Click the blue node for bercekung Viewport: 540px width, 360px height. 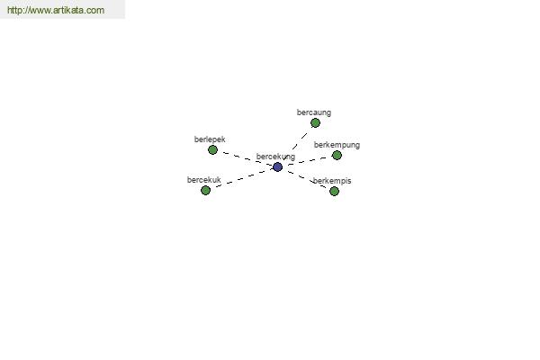pyautogui.click(x=277, y=167)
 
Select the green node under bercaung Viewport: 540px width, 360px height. pyautogui.click(x=315, y=123)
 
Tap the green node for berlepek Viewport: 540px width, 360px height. pyautogui.click(x=212, y=150)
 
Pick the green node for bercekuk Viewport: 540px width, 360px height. pyautogui.click(x=205, y=190)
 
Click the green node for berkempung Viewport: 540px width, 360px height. pyautogui.click(x=337, y=156)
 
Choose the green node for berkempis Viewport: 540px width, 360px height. pyautogui.click(x=334, y=191)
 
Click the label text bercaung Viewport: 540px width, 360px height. pyautogui.click(x=314, y=112)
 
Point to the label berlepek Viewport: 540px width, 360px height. pyautogui.click(x=210, y=139)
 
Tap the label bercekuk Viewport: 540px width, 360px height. pyautogui.click(x=204, y=180)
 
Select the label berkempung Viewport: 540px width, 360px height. pyautogui.click(x=337, y=145)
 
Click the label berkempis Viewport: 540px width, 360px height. pyautogui.click(x=332, y=181)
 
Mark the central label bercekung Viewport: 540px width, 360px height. pyautogui.click(x=275, y=157)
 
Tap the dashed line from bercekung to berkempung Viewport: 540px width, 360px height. pyautogui.click(x=307, y=161)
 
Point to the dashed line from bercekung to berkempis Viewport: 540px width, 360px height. pyautogui.click(x=306, y=179)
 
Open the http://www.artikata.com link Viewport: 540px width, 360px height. pyautogui.click(x=56, y=10)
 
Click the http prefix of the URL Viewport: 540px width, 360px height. pyautogui.click(x=14, y=10)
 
